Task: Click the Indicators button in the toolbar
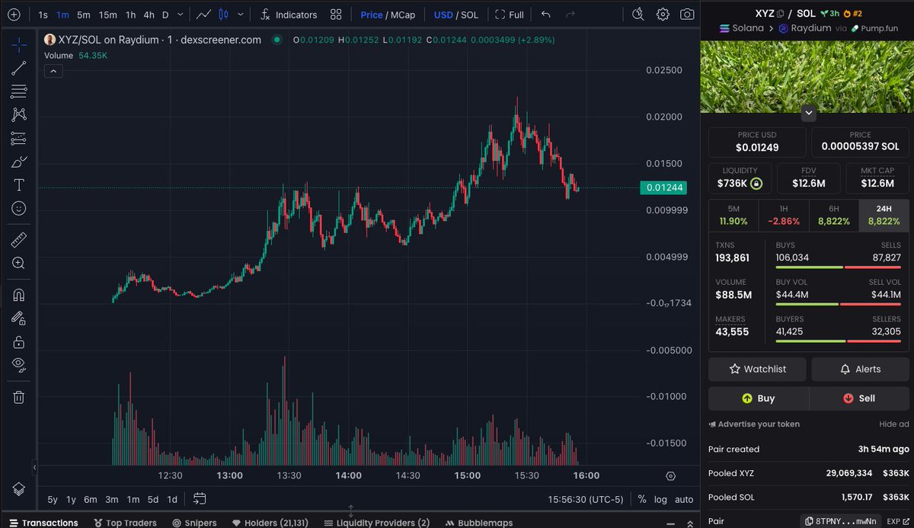coord(289,14)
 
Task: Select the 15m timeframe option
coord(107,14)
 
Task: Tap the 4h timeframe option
coord(149,14)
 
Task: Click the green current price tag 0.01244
coord(663,187)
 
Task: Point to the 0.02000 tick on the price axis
coord(663,117)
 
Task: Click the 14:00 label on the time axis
coord(349,475)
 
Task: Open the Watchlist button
coord(757,369)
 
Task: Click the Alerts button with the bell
coord(860,369)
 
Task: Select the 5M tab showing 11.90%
coord(733,215)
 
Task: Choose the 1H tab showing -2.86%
coord(784,215)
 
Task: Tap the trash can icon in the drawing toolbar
coord(19,397)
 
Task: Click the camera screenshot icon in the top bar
coord(687,14)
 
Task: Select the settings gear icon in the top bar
coord(663,14)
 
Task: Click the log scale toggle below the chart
coord(660,499)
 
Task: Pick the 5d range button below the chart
coord(153,499)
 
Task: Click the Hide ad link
coord(893,424)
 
